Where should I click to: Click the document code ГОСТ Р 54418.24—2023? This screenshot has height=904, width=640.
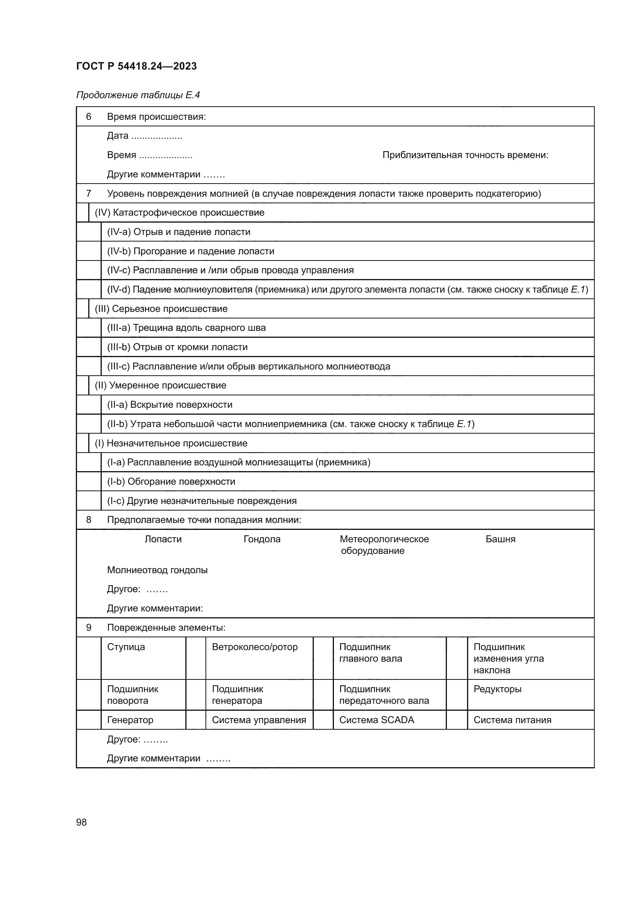coord(136,66)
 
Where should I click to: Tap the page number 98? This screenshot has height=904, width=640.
coord(81,822)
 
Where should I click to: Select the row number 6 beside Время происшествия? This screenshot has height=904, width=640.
coord(89,117)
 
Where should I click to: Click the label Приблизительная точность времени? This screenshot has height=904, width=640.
coord(465,155)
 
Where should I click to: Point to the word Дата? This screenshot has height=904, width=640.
coord(118,136)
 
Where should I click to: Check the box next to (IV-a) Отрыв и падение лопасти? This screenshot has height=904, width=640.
coord(89,232)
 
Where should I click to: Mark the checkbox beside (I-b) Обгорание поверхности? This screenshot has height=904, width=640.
coord(89,482)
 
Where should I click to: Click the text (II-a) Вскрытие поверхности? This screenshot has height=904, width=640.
coord(169,405)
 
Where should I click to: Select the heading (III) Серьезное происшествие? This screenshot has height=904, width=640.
coord(161,309)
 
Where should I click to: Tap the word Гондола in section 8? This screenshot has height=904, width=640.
coord(262,539)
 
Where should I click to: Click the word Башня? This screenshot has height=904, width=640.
coord(500,539)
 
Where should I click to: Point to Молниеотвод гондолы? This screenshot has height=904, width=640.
coord(157,570)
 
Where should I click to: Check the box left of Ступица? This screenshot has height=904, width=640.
coord(89,657)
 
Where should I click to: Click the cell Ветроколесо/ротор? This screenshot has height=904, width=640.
coord(255,647)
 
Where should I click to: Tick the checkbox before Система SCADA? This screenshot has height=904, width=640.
coord(323,720)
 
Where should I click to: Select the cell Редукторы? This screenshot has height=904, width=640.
coord(497,689)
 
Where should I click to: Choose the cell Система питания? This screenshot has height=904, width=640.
coord(512,720)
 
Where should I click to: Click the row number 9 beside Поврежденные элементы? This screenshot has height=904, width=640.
coord(89,628)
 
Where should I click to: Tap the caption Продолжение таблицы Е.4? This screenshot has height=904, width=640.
coord(138,95)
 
